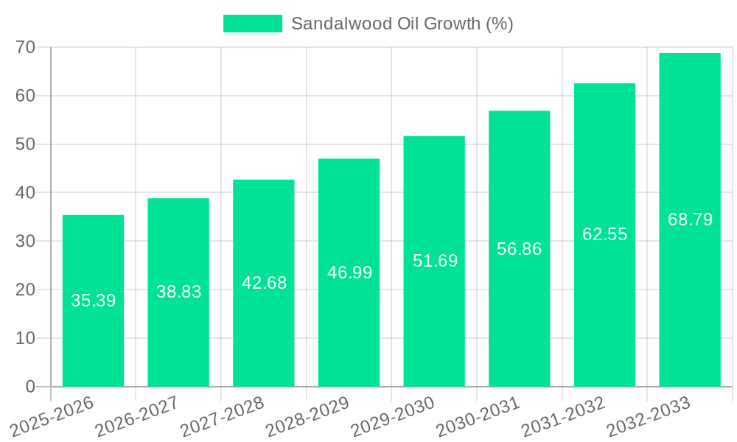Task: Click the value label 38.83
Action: pyautogui.click(x=178, y=292)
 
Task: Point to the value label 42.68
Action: pyautogui.click(x=264, y=283)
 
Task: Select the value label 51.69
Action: pyautogui.click(x=435, y=261)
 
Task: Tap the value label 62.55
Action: pyautogui.click(x=604, y=234)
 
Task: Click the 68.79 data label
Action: pyautogui.click(x=690, y=220)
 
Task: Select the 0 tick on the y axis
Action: pyautogui.click(x=30, y=387)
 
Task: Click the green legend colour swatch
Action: pyautogui.click(x=252, y=24)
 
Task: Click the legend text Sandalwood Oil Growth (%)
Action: pyautogui.click(x=402, y=24)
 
